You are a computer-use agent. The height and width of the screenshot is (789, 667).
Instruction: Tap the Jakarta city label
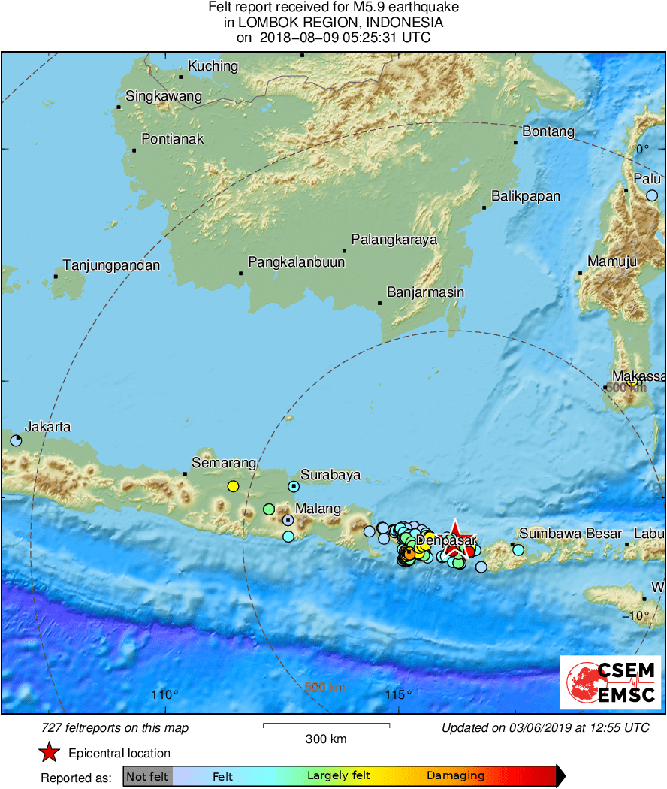click(48, 427)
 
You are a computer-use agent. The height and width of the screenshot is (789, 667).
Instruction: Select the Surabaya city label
click(330, 475)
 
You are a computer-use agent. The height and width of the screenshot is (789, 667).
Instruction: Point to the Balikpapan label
click(526, 197)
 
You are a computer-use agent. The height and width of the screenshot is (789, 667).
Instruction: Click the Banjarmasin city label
click(425, 292)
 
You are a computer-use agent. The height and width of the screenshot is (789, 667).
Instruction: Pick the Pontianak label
click(173, 139)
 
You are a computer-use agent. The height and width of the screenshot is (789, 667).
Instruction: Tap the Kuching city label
click(213, 66)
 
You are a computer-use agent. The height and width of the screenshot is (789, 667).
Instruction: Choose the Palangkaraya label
click(394, 240)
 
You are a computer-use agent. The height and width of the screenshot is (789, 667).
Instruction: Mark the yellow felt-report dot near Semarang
click(233, 486)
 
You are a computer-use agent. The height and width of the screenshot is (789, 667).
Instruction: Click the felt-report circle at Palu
click(652, 195)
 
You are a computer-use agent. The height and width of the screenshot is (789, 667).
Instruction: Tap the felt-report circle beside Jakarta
click(16, 440)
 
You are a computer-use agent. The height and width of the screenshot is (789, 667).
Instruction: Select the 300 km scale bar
click(326, 725)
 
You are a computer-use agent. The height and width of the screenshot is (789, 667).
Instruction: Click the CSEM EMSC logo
click(611, 682)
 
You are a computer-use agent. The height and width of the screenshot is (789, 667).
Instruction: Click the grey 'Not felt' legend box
click(147, 776)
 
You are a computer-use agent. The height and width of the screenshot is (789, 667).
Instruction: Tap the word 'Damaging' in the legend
click(455, 776)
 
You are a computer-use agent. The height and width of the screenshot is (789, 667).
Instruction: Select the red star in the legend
click(49, 753)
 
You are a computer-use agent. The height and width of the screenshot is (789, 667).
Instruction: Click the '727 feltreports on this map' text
click(115, 727)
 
